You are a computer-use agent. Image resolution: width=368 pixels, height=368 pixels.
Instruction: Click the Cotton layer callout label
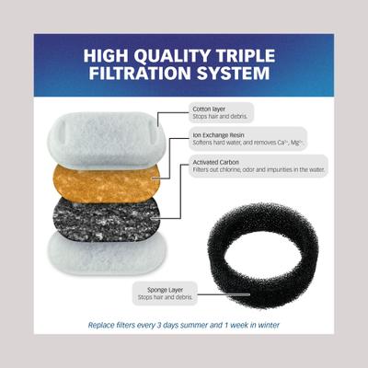point(208,108)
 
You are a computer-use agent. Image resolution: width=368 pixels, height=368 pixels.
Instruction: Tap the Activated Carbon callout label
point(214,161)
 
